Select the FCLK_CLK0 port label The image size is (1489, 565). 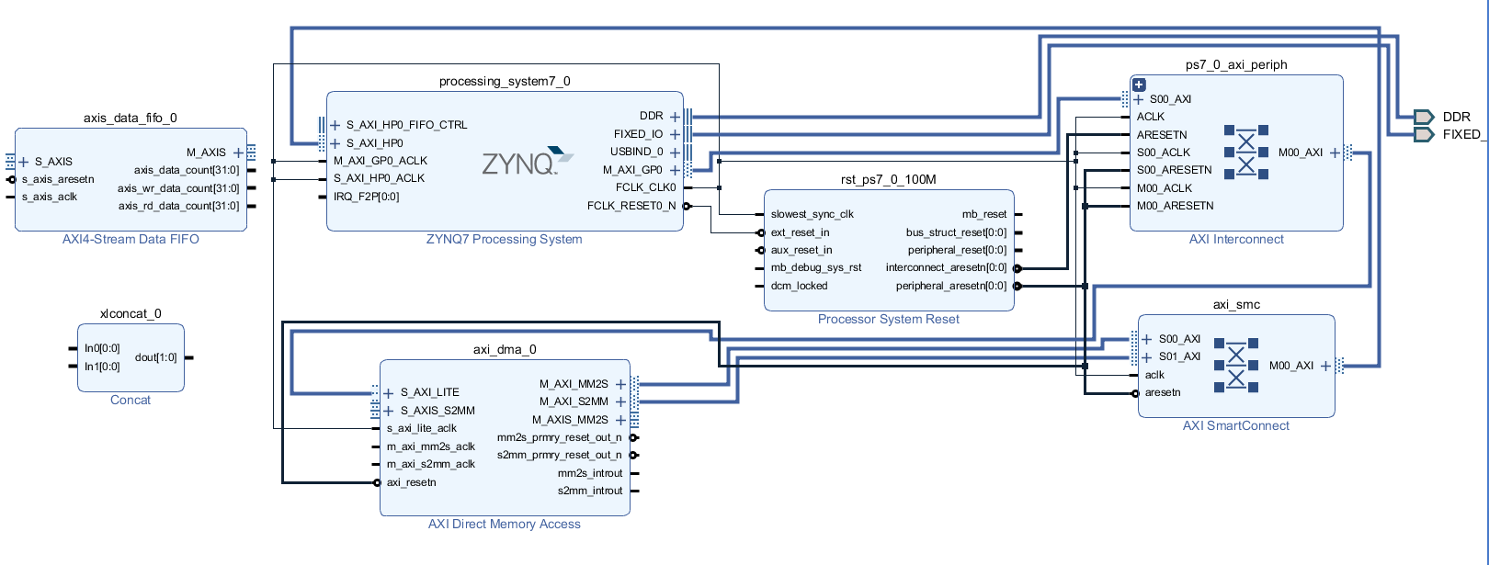pos(645,187)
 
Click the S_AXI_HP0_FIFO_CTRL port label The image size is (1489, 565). pos(406,125)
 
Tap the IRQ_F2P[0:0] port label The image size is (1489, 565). pos(366,197)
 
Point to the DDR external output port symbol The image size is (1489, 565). pos(1423,117)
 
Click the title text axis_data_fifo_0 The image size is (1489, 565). pos(130,118)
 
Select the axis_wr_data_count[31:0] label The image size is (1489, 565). pos(178,188)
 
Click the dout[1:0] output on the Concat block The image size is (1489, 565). pos(155,357)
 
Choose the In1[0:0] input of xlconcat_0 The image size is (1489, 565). pos(102,367)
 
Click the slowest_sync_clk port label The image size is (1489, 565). pos(812,214)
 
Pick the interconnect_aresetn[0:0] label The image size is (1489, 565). pos(946,267)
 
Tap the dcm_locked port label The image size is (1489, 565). pos(799,286)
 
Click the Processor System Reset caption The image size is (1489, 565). pos(888,319)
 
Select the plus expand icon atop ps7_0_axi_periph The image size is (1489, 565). pos(1139,85)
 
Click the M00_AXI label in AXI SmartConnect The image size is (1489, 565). pos(1291,366)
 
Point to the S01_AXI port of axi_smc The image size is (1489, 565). pos(1178,356)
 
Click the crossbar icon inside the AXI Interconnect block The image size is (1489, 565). pos(1245,152)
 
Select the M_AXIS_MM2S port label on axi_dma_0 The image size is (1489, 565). pos(570,420)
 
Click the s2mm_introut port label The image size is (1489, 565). pos(589,491)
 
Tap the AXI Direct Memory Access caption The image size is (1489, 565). pos(504,524)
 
